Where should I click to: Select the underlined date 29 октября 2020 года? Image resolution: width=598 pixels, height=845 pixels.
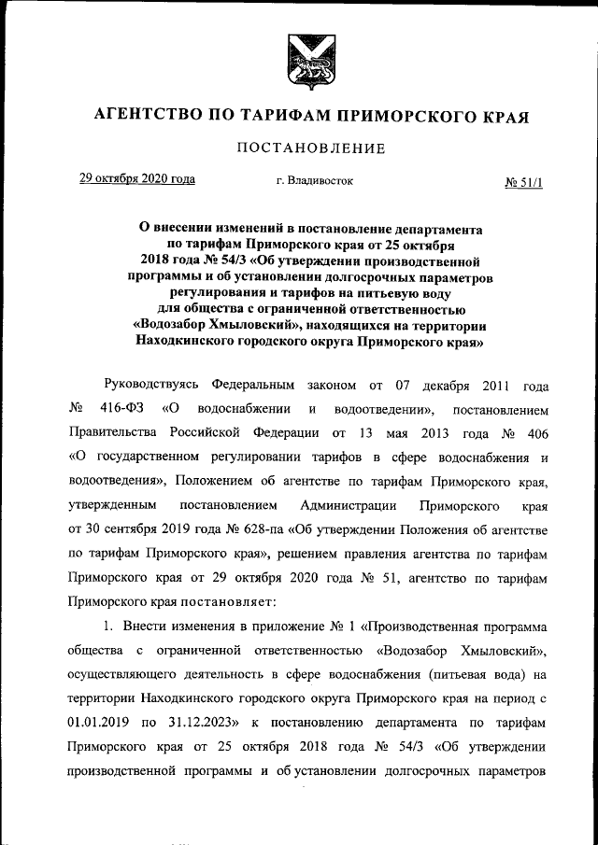tap(136, 179)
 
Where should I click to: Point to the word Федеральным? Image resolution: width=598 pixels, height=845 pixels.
tap(253, 385)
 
